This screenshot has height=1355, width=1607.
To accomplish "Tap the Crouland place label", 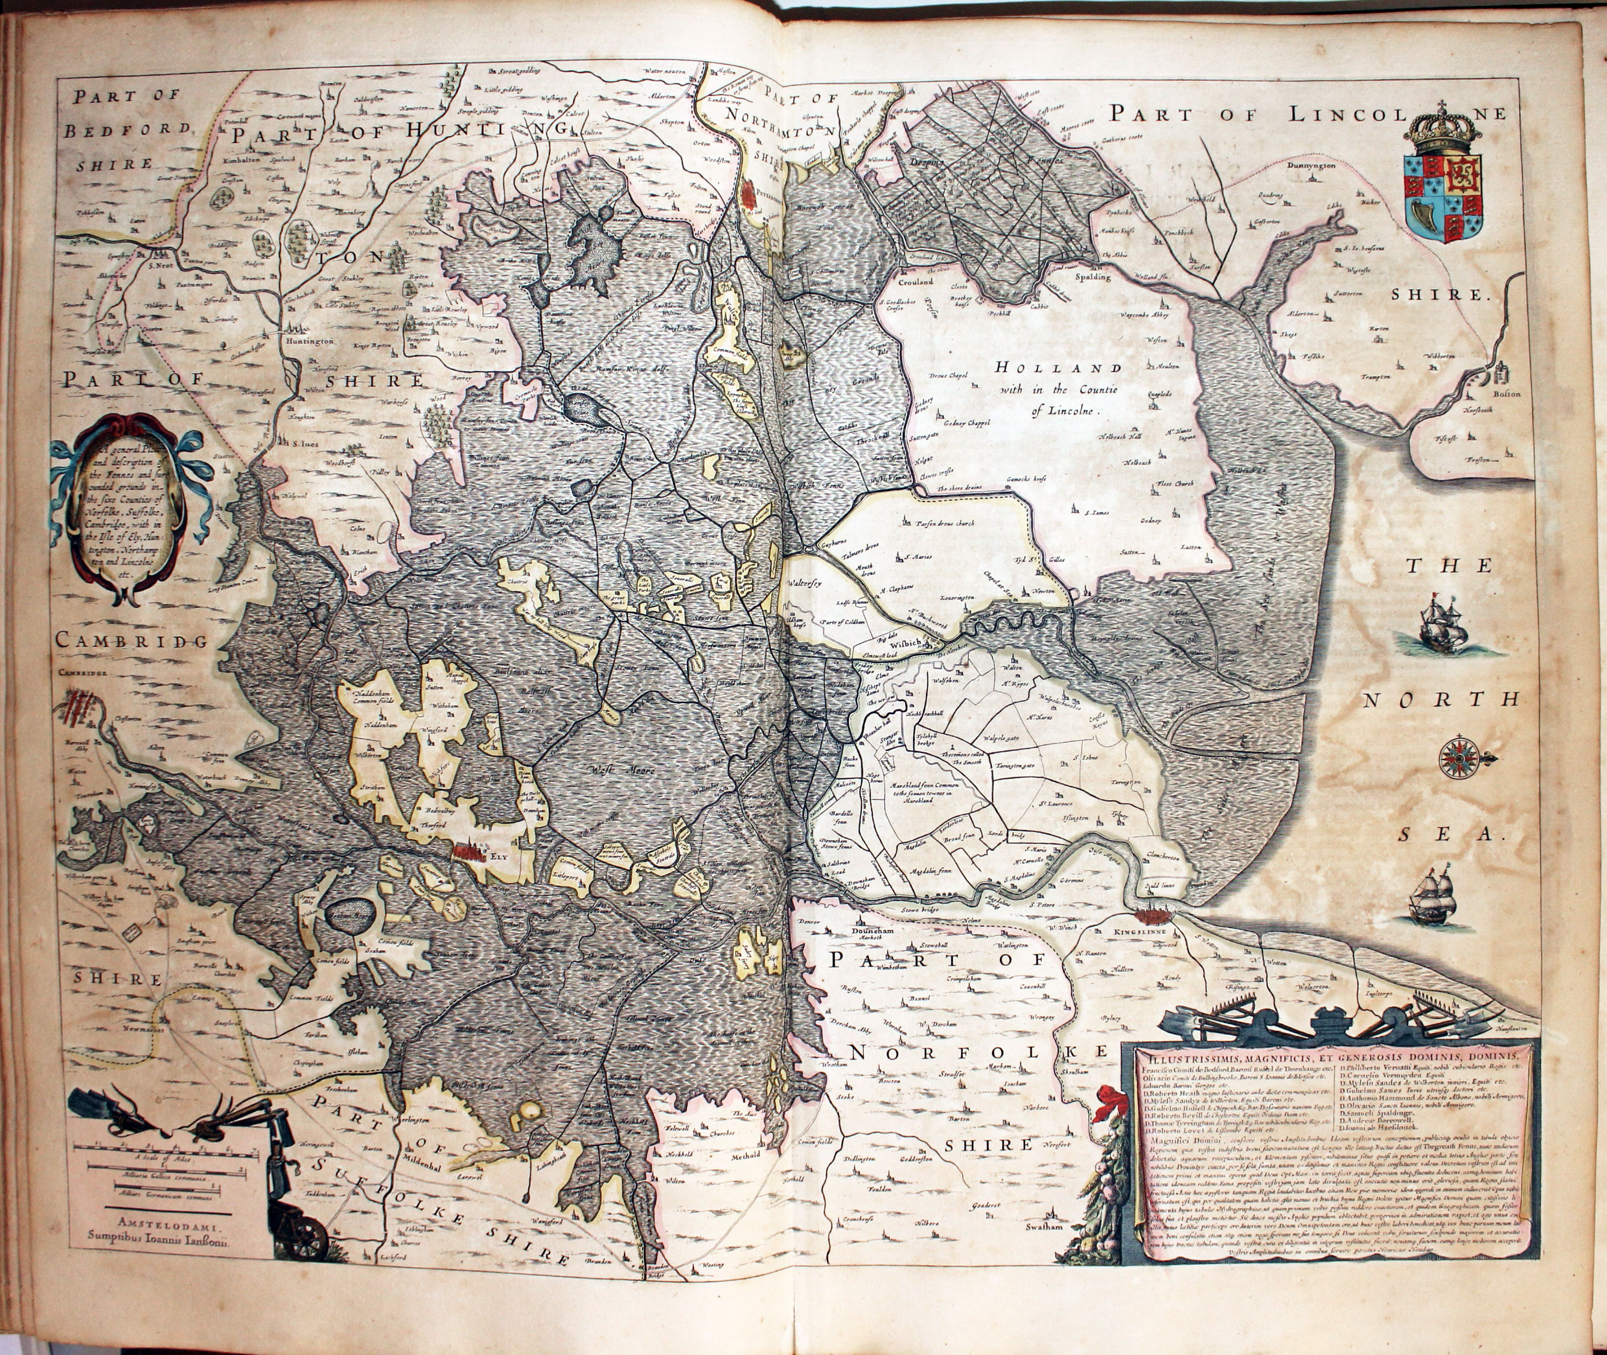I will click(x=916, y=282).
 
